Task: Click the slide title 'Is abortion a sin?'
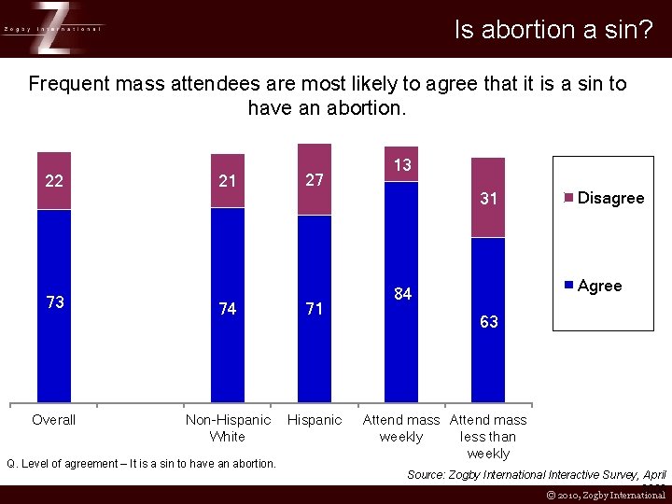pyautogui.click(x=553, y=30)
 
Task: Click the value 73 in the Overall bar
pyautogui.click(x=54, y=302)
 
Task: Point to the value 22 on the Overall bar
pyautogui.click(x=54, y=181)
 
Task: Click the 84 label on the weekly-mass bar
pyautogui.click(x=402, y=294)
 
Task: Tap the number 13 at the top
pyautogui.click(x=402, y=165)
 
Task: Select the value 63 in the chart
pyautogui.click(x=488, y=322)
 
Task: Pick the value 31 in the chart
pyautogui.click(x=488, y=199)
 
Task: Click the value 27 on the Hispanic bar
pyautogui.click(x=315, y=180)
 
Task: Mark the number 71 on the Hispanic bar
pyautogui.click(x=315, y=309)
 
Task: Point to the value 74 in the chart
pyautogui.click(x=227, y=309)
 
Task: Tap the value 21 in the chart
pyautogui.click(x=227, y=181)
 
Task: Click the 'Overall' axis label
pyautogui.click(x=54, y=420)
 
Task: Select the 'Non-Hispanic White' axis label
pyautogui.click(x=228, y=428)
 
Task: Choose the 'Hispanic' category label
pyautogui.click(x=315, y=420)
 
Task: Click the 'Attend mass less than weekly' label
pyautogui.click(x=488, y=437)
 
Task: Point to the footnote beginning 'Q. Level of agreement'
pyautogui.click(x=141, y=464)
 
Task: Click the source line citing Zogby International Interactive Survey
pyautogui.click(x=537, y=475)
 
